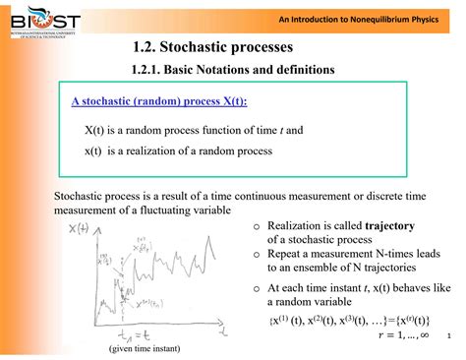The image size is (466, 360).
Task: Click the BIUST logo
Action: coord(41,21)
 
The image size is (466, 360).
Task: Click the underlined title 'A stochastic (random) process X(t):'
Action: coord(159,101)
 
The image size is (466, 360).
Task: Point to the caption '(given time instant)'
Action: coord(151,349)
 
